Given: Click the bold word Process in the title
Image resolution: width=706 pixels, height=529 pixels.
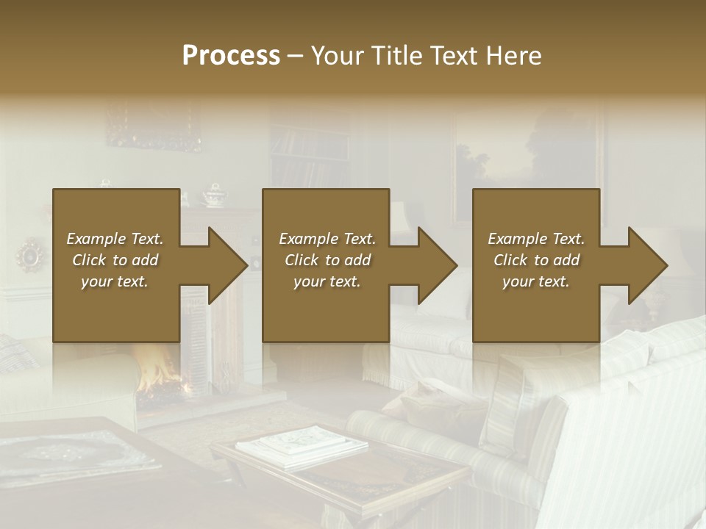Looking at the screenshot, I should coord(231,56).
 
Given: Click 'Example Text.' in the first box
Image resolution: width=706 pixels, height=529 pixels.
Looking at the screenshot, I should coord(115,239).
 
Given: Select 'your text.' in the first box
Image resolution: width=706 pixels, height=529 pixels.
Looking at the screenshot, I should coord(115,281).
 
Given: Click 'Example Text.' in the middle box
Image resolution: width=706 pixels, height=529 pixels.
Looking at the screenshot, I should coord(327,239).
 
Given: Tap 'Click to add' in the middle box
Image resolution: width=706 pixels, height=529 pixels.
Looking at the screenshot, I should coord(327,260).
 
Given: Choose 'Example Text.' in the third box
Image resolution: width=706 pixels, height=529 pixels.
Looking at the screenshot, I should coord(536,239).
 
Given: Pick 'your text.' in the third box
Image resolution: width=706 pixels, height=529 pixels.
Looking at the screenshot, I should coord(536,281).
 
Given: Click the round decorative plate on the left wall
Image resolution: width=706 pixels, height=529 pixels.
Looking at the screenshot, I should coord(31,255).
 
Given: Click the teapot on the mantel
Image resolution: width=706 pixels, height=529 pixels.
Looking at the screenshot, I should coord(214,195).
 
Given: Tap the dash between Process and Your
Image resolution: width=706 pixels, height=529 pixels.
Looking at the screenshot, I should coord(296,56).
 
